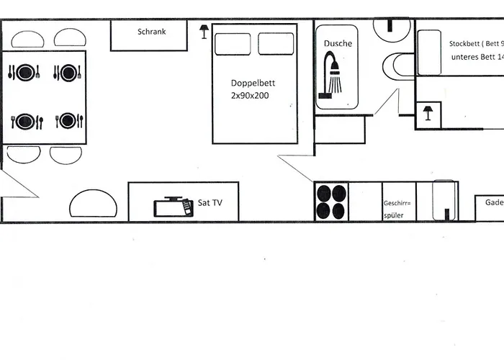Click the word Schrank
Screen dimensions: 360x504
(x=152, y=32)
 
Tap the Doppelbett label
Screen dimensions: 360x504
(x=253, y=83)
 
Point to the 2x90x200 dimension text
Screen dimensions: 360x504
(x=250, y=95)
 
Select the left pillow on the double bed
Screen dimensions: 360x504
(x=233, y=44)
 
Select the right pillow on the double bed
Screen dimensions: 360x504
(x=276, y=44)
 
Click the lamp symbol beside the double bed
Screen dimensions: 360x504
(x=204, y=31)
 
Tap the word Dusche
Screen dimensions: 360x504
(x=338, y=44)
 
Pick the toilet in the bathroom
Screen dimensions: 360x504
(x=398, y=66)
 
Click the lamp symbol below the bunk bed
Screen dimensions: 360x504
(x=428, y=113)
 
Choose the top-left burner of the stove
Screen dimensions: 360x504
(x=324, y=193)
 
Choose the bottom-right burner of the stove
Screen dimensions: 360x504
(x=338, y=210)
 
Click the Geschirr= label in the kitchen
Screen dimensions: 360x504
(x=397, y=203)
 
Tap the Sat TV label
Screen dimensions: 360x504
(x=210, y=204)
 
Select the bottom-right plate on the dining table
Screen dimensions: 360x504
(x=68, y=121)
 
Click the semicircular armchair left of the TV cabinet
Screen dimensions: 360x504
(x=93, y=204)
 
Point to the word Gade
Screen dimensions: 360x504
(x=493, y=203)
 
